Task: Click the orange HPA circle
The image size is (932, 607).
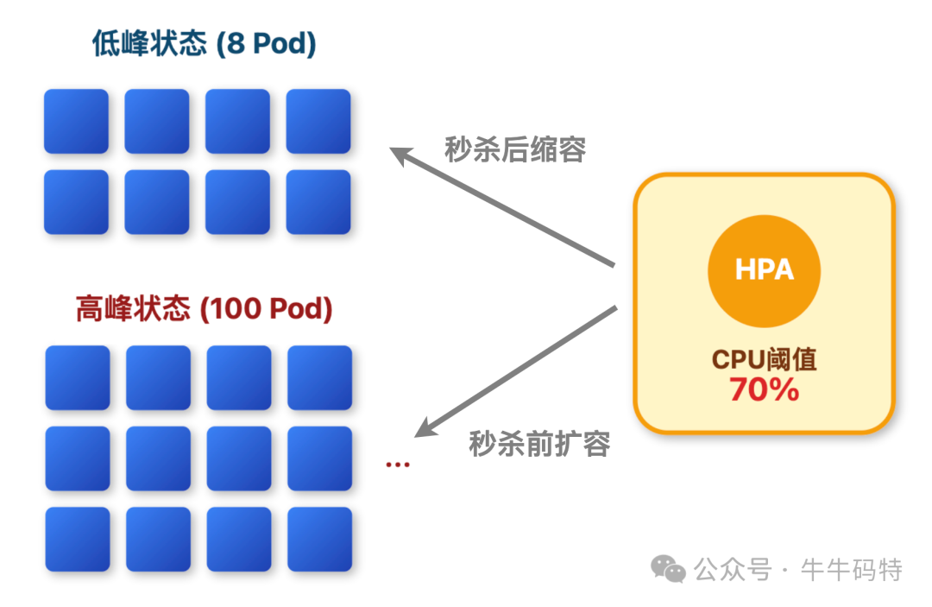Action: (x=764, y=270)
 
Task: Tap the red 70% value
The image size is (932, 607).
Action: (x=764, y=390)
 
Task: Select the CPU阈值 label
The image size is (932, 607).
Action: (x=764, y=359)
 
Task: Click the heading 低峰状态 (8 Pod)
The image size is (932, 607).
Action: (x=205, y=44)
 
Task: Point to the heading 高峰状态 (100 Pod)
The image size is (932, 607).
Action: (x=205, y=308)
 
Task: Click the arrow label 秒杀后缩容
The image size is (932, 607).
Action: (x=515, y=149)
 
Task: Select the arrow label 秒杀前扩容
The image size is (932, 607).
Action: (x=539, y=444)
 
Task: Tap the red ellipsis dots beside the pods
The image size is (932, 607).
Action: (x=398, y=465)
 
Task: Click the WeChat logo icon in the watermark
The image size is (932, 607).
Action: (x=668, y=568)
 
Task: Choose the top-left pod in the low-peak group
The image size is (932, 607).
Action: (x=76, y=121)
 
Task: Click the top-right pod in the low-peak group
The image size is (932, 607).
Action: (x=318, y=121)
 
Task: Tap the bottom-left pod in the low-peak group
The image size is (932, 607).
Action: (x=76, y=202)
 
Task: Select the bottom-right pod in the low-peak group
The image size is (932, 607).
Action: (x=318, y=202)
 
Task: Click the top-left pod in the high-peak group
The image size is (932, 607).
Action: (x=78, y=377)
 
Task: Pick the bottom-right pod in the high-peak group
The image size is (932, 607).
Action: (x=319, y=539)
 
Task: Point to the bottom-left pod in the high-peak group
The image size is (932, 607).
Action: (x=78, y=539)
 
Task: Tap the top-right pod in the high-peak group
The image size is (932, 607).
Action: (x=319, y=377)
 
